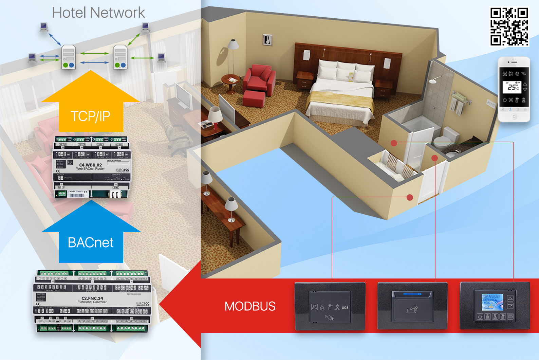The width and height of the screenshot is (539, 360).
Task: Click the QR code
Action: point(509,26)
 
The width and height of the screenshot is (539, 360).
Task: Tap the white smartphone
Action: point(514,89)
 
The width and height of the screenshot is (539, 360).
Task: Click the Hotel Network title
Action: point(98,13)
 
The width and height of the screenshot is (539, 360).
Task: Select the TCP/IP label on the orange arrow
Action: point(91,116)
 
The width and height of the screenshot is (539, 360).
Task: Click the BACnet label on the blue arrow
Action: point(91,242)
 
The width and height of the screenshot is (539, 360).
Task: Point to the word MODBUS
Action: point(250,306)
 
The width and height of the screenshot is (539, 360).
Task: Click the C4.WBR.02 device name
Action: point(90,165)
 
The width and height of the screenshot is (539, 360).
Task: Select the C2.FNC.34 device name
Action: point(92,298)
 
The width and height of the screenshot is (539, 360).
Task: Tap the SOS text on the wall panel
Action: point(345,308)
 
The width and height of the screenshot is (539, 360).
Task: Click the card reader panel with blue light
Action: point(412,306)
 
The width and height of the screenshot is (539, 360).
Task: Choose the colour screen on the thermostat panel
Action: point(492,302)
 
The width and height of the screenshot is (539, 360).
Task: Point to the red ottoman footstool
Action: point(254,98)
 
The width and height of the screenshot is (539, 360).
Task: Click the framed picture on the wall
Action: point(267,40)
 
